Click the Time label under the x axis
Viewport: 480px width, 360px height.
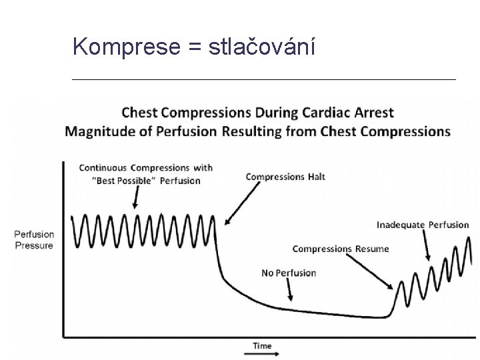click(262, 346)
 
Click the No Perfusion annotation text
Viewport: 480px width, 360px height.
click(289, 273)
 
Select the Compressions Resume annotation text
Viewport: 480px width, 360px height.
click(341, 249)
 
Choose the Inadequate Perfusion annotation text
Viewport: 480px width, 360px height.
click(423, 225)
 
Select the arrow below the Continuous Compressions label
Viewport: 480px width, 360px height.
click(136, 197)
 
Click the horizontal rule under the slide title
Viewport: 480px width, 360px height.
click(263, 79)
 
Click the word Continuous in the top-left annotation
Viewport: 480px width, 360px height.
click(103, 167)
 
